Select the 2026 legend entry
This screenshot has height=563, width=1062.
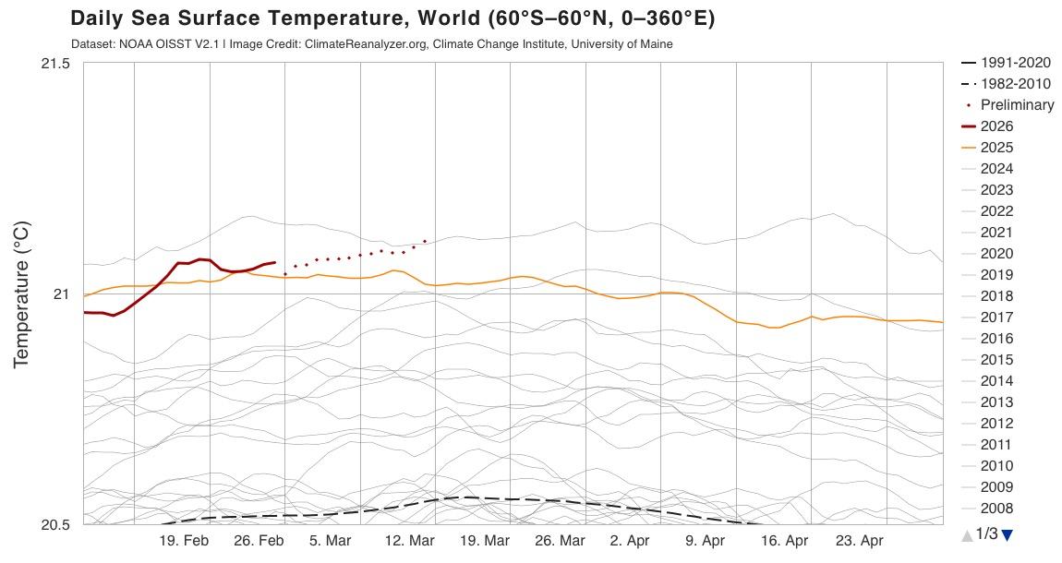(x=996, y=126)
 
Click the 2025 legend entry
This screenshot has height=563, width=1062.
(x=996, y=148)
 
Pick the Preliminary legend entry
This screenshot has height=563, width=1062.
(x=1017, y=105)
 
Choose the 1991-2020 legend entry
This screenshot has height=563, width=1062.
(x=1015, y=63)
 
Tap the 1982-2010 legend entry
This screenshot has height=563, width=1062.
(x=1015, y=84)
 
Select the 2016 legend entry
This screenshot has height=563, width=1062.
(x=996, y=339)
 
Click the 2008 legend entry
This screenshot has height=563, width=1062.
(x=996, y=509)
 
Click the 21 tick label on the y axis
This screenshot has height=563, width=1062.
(x=61, y=294)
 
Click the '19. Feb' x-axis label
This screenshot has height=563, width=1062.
(x=184, y=541)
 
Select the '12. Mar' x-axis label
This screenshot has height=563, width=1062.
(x=409, y=541)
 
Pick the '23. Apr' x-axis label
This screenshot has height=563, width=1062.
(x=860, y=541)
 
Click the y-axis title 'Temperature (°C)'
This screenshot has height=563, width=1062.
(x=23, y=294)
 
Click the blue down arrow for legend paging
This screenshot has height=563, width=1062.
(x=1007, y=534)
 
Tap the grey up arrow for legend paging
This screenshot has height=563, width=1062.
(x=967, y=534)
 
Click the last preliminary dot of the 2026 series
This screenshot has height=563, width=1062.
(x=425, y=241)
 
